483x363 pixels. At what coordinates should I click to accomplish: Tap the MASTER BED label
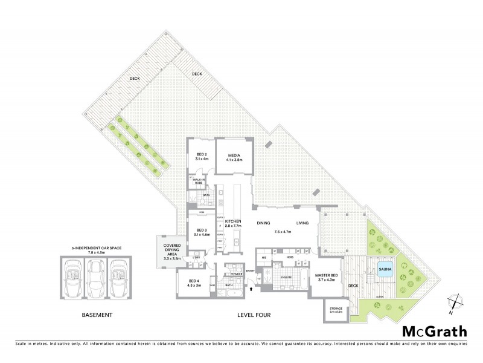pyautogui.click(x=326, y=278)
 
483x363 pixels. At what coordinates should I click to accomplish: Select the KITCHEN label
pyautogui.click(x=233, y=223)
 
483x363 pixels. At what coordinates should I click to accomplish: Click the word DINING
pyautogui.click(x=263, y=223)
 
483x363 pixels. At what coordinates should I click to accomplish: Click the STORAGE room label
pyautogui.click(x=336, y=309)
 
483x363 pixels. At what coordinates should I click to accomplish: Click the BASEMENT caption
pyautogui.click(x=97, y=315)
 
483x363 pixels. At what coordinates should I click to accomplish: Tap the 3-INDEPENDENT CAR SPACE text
pyautogui.click(x=97, y=248)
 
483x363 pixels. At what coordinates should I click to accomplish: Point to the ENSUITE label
pyautogui.click(x=286, y=278)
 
